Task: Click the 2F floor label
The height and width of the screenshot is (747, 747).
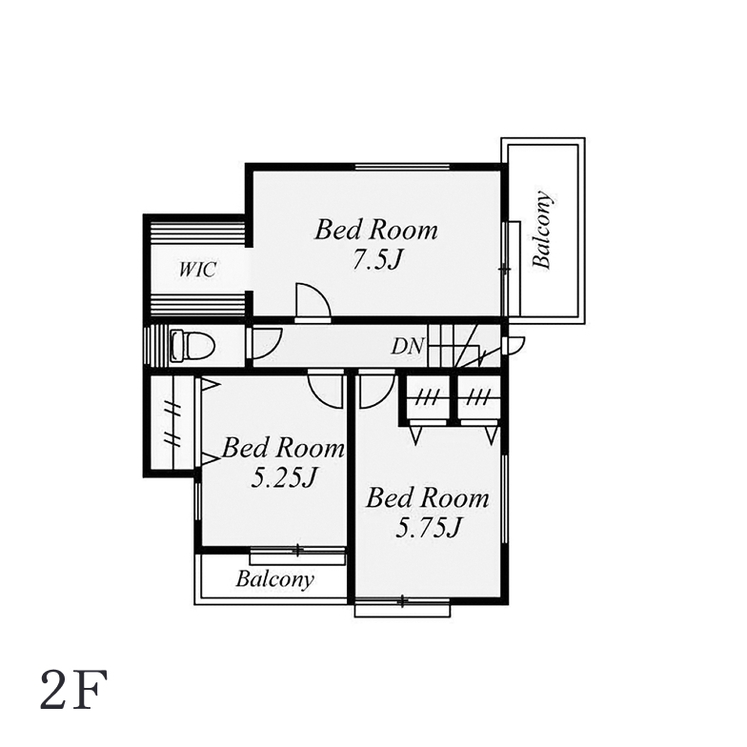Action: [x=74, y=690]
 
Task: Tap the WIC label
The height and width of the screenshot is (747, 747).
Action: [x=197, y=269]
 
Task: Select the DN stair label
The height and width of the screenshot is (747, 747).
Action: [x=407, y=347]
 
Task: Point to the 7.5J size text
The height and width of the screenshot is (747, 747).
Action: [x=377, y=259]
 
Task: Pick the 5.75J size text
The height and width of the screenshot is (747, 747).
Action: [x=429, y=528]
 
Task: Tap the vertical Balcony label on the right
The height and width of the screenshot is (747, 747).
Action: [x=543, y=230]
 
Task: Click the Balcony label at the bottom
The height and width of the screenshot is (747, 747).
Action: [x=274, y=579]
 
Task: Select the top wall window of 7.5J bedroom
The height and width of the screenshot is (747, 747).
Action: [x=402, y=167]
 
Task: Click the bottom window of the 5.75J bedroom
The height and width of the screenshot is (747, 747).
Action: [x=402, y=607]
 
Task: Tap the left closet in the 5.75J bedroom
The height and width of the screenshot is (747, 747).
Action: [x=426, y=400]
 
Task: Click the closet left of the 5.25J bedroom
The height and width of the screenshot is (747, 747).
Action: [x=172, y=423]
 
